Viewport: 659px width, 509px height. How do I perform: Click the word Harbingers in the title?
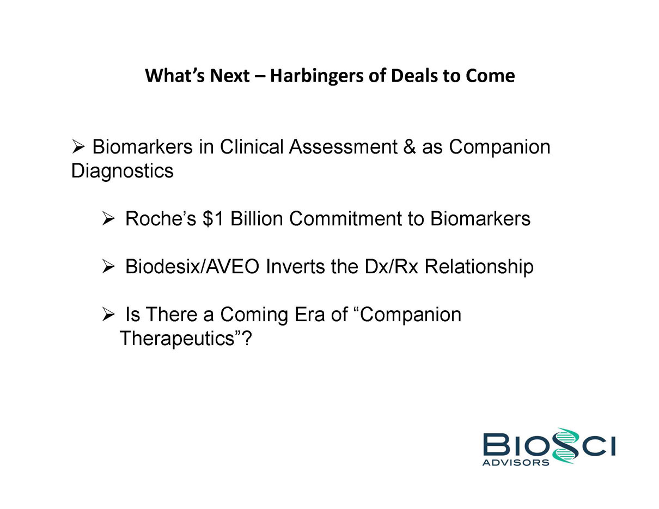coord(316,76)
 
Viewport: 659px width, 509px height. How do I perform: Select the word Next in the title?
coord(230,76)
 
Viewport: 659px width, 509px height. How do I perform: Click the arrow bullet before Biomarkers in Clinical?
coord(78,147)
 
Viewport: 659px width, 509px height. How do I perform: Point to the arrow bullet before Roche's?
coord(108,219)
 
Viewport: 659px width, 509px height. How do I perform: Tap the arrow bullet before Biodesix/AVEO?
coord(108,266)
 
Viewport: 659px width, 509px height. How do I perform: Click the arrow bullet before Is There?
coord(108,314)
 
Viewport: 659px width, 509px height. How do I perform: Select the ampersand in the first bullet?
coord(410,147)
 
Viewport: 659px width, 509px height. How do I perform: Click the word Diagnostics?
coord(122,171)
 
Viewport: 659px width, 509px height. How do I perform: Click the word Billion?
coord(257,219)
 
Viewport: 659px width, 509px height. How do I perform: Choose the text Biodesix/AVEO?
coord(192,266)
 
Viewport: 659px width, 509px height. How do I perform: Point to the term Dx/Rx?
coord(392,266)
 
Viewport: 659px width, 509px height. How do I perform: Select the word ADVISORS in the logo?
coord(516,463)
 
